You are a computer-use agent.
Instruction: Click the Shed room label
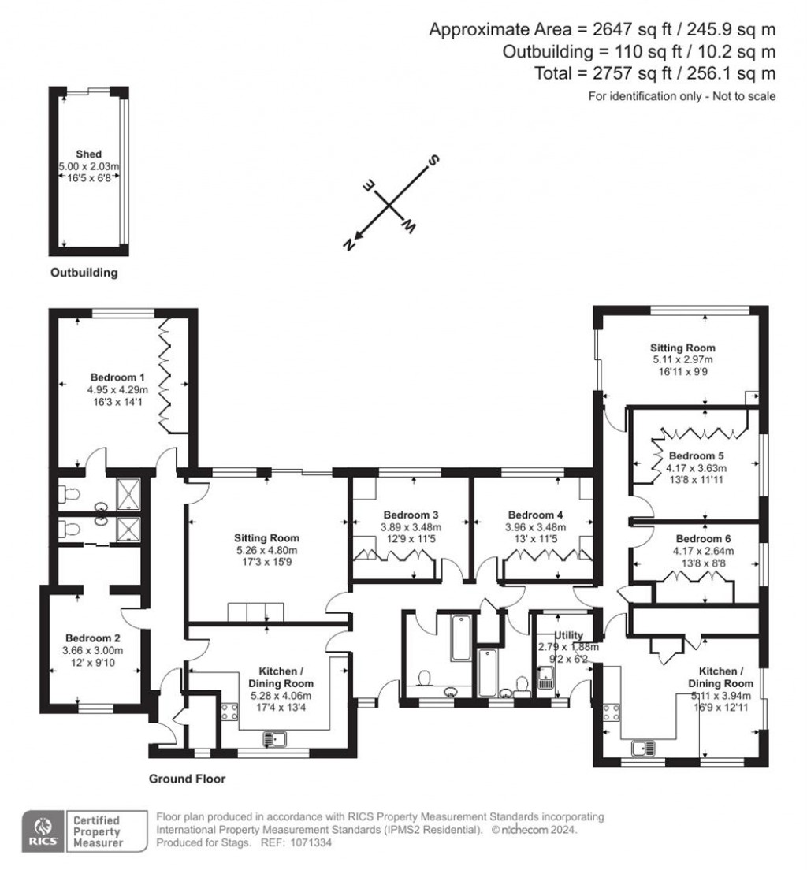tap(88, 154)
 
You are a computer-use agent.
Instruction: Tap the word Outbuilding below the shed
tap(84, 273)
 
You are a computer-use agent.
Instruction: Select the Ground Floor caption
tap(188, 779)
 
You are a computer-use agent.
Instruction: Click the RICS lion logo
tap(41, 830)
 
